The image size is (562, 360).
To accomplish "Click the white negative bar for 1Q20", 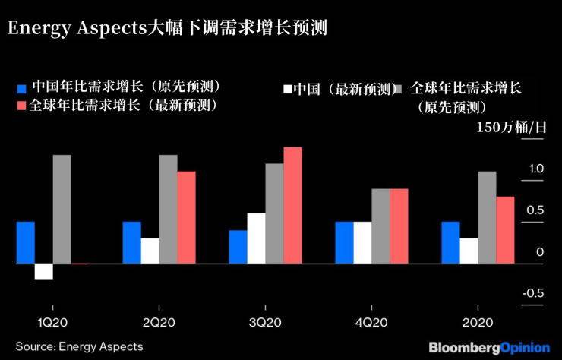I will pos(43,272).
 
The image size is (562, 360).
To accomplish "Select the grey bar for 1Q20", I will pos(62,209).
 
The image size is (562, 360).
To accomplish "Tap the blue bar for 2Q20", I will pos(132,242).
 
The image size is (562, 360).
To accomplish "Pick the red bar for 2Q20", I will pos(186,217).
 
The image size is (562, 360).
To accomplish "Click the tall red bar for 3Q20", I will pos(292,205).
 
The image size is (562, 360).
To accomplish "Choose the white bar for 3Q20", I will pos(256,238).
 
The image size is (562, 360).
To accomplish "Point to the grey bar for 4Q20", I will pos(380,226).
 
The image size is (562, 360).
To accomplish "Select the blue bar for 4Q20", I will pos(344,242).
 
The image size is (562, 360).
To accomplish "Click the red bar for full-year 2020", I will pos(505,230).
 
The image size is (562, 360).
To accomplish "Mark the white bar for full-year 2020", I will pos(469,251).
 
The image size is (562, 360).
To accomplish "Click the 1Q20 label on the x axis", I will pos(53,324).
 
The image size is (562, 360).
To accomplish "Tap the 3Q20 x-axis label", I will pos(265,324).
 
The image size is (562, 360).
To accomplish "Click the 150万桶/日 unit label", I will pos(511,127).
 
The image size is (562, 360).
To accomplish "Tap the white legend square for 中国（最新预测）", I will pos(287,89).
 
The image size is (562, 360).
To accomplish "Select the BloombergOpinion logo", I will pos(489,347).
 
